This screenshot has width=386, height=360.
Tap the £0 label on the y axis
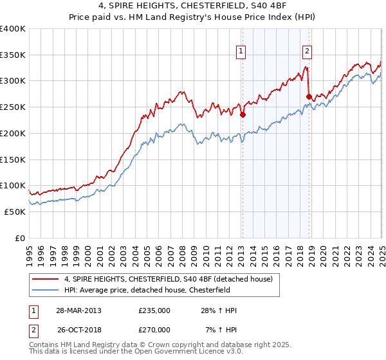tap(19, 238)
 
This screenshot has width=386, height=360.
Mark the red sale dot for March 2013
tap(243, 116)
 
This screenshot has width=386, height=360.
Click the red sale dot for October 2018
tap(309, 97)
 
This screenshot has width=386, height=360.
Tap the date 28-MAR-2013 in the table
tap(78, 310)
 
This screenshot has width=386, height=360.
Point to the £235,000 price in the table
tap(154, 310)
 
